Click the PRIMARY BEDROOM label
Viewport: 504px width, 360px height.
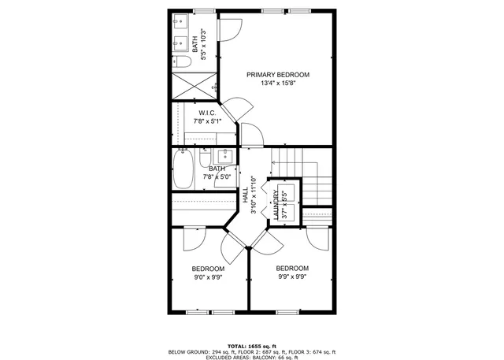coord(277,75)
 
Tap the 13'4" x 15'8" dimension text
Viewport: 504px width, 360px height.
coord(277,84)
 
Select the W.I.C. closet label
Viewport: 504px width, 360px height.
coord(207,113)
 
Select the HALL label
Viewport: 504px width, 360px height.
coord(246,194)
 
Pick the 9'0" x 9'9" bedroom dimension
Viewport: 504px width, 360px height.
coord(209,277)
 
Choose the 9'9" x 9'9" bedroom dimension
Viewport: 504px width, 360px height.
coord(291,276)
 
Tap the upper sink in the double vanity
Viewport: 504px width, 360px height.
coord(180,20)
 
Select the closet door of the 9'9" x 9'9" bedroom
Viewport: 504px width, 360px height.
coord(318,236)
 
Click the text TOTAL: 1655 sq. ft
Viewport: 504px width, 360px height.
coord(253,346)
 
